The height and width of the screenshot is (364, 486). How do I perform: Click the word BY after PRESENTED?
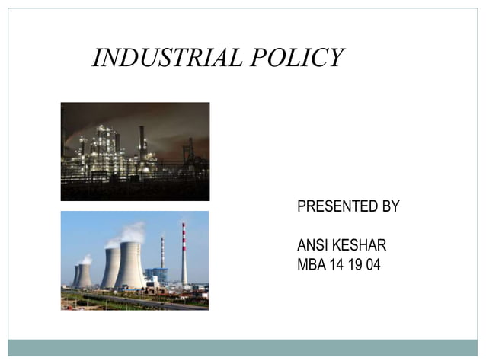click(x=388, y=206)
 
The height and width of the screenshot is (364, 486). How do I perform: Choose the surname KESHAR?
click(x=360, y=246)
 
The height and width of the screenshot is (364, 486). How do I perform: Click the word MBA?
click(x=311, y=266)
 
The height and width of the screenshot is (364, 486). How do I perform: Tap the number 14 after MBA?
click(x=337, y=266)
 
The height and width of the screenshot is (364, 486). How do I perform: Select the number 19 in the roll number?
click(x=355, y=266)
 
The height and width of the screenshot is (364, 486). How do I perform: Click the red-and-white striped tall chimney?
click(x=184, y=255)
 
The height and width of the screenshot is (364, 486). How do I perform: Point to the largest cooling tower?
click(x=130, y=266)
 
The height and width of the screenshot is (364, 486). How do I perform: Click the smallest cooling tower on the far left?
click(x=76, y=276)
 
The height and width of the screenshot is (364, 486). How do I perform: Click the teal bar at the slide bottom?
click(x=242, y=347)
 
